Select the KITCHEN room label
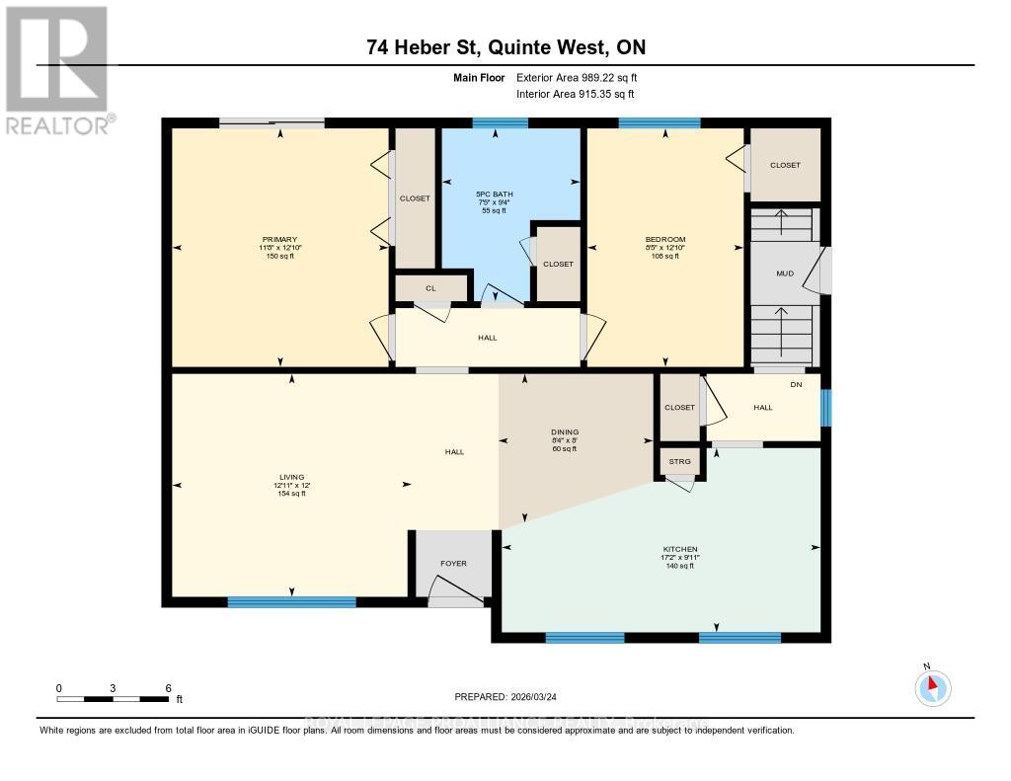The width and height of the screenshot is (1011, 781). (679, 549)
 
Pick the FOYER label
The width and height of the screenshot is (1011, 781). (453, 563)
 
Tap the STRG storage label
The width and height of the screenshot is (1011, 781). (679, 461)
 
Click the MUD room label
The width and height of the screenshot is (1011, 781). (785, 273)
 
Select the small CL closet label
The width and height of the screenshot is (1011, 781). (430, 288)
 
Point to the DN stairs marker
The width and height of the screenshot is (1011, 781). (795, 385)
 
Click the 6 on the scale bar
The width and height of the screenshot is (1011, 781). (169, 687)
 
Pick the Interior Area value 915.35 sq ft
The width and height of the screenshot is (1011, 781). (602, 94)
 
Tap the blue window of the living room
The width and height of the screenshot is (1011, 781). (291, 601)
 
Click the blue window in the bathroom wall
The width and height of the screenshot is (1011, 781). (500, 123)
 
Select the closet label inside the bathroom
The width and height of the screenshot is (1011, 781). (558, 264)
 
